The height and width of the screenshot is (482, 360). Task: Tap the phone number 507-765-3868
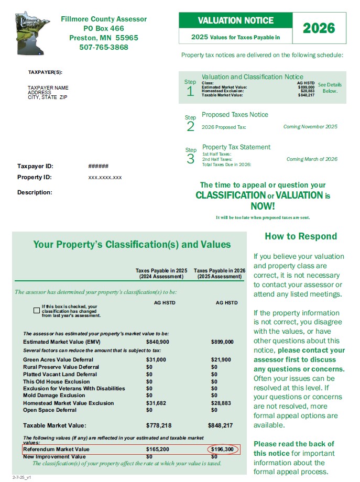tap(104, 47)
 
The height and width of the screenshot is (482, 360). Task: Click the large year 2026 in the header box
tap(319, 28)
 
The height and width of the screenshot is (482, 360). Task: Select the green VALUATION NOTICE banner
tap(236, 21)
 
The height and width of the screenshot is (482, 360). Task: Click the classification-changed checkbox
tap(36, 310)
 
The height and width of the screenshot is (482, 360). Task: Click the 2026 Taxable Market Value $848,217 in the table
tap(221, 425)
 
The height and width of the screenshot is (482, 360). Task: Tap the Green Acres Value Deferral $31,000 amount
tap(156, 359)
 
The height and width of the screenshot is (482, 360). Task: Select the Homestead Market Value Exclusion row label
tap(68, 403)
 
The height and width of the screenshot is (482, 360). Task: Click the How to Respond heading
tap(301, 236)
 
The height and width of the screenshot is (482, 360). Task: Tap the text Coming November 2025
tap(310, 127)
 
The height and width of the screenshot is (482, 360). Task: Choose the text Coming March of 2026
tap(312, 159)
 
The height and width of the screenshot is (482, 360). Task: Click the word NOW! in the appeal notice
tap(263, 206)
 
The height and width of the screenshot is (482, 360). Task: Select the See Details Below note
tap(330, 87)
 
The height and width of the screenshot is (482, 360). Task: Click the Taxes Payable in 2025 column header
tap(161, 273)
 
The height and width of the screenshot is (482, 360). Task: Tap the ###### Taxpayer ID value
tap(99, 166)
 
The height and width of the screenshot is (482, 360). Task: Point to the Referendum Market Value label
tap(57, 450)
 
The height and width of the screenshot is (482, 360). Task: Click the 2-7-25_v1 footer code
tap(16, 477)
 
